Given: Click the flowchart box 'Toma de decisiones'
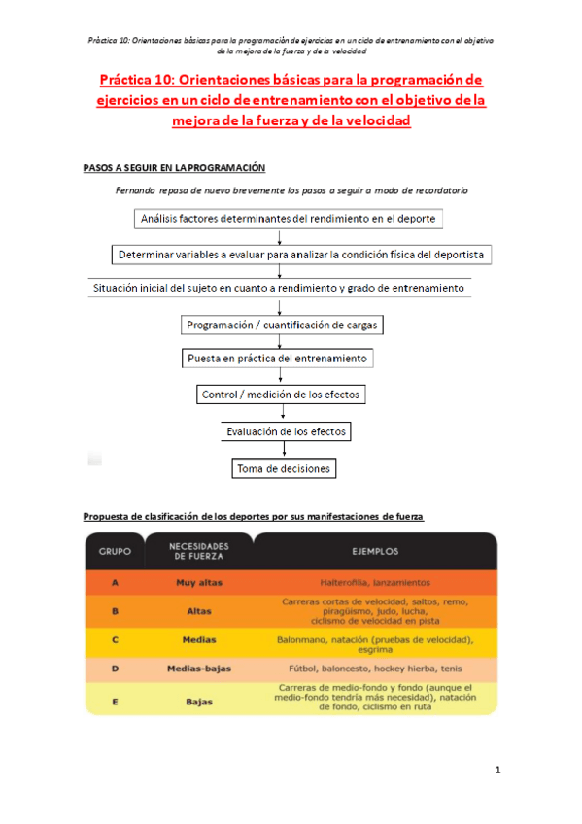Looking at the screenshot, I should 284,469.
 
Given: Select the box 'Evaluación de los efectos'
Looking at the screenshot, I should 285,431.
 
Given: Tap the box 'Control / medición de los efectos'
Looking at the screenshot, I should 282,395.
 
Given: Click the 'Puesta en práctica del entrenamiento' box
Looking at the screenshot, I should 278,359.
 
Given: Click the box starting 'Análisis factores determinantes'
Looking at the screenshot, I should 288,219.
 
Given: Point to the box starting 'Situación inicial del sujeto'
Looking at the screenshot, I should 278,289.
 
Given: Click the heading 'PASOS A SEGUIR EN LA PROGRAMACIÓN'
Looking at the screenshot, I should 174,168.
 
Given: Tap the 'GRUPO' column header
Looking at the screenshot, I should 115,551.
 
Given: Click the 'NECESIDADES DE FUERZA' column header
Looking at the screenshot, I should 198,551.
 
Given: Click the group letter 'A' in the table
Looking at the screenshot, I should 115,582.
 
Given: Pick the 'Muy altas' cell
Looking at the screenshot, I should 198,582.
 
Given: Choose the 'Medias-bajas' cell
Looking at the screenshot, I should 198,669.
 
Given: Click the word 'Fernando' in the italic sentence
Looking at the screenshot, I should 136,190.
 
